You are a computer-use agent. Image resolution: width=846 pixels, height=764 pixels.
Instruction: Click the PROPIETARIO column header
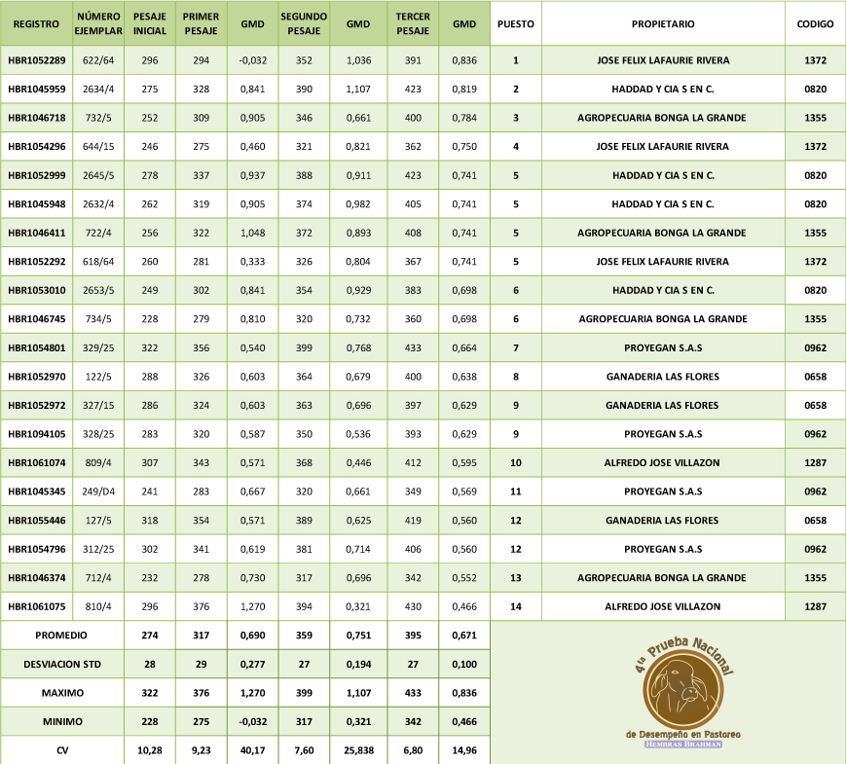[662, 22]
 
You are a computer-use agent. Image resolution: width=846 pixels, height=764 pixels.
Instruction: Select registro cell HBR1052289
[36, 60]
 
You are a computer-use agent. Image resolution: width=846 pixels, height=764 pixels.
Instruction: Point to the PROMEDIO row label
[61, 635]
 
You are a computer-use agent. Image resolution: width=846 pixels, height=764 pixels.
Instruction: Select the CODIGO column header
[815, 22]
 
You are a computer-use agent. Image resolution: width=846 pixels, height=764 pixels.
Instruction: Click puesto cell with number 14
[515, 606]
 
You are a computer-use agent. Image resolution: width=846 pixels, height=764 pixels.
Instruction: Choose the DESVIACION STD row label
[61, 664]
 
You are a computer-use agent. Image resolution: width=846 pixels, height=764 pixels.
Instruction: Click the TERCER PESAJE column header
[413, 22]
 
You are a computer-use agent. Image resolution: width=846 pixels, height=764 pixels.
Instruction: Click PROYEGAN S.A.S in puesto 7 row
[662, 347]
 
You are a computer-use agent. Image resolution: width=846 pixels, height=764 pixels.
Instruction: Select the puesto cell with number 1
[515, 60]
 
